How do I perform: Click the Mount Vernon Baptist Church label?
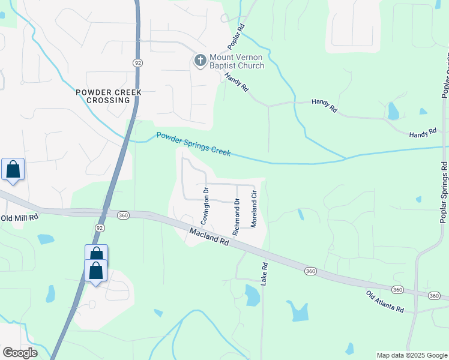point(237,61)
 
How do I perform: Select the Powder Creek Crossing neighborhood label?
point(109,96)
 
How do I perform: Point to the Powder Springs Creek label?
point(193,144)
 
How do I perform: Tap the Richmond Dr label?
point(237,215)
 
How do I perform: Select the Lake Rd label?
point(264,274)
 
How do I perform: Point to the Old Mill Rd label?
point(19,217)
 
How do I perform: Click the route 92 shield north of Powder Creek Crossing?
point(137,62)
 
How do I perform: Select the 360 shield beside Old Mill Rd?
point(123,215)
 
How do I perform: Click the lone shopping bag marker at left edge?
point(13,170)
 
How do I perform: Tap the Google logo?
point(20,352)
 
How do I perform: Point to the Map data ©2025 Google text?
point(412,355)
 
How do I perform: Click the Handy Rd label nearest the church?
point(237,82)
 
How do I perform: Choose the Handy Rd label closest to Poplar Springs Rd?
point(423,134)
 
